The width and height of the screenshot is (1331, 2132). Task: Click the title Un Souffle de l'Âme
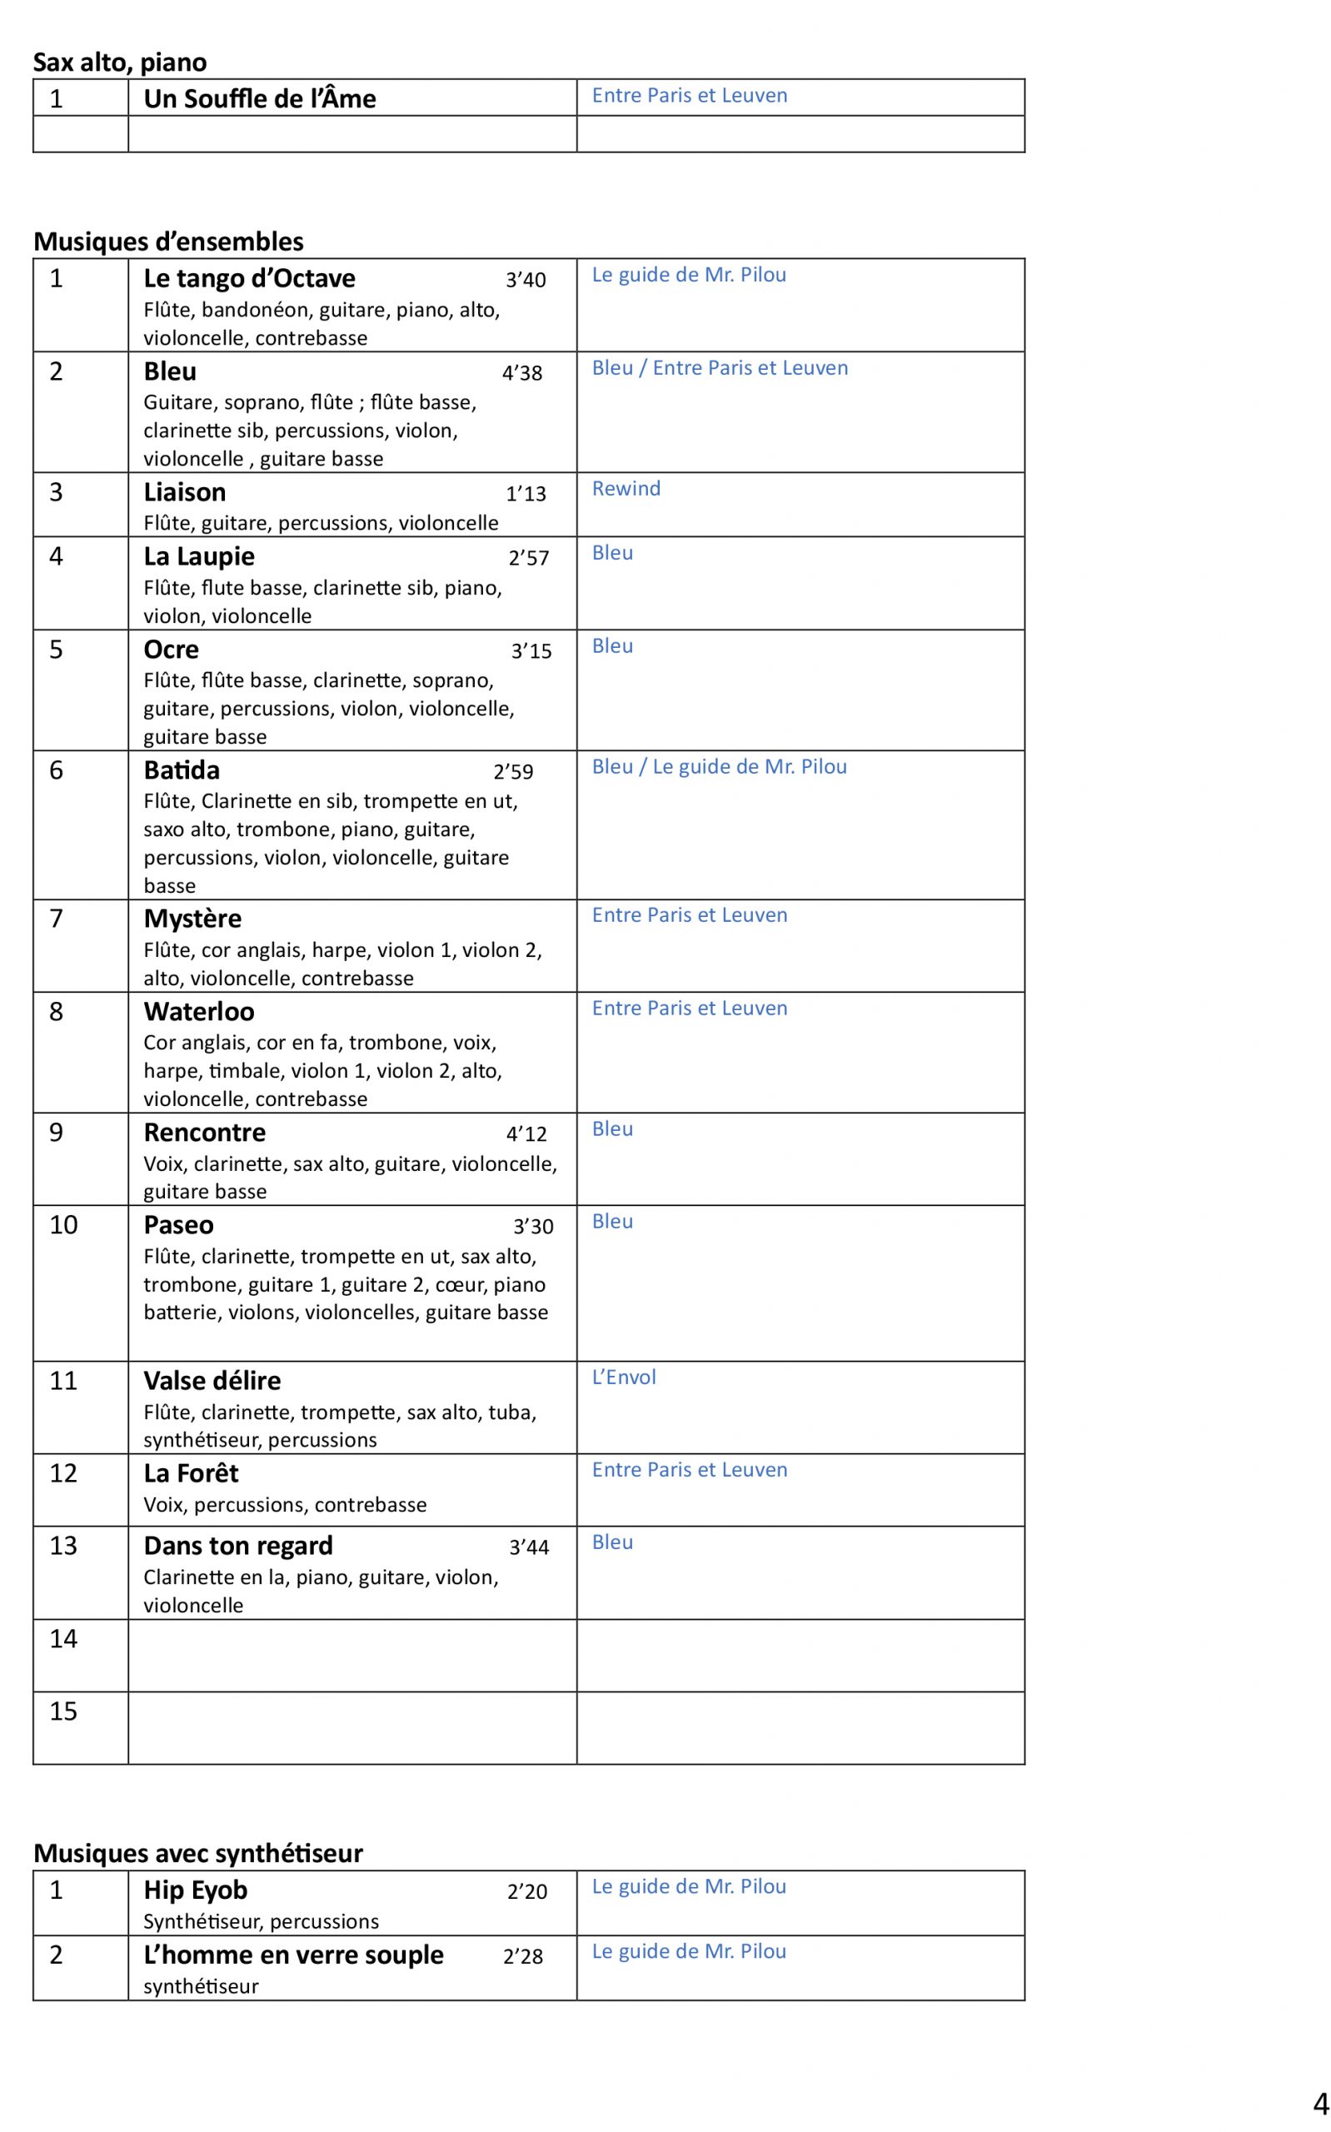pos(260,98)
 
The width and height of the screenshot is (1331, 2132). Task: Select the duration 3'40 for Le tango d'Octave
pos(526,280)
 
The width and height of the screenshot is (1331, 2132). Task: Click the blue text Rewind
pos(626,488)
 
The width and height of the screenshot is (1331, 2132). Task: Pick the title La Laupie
pos(199,556)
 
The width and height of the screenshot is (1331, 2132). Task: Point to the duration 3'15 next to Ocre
pos(531,651)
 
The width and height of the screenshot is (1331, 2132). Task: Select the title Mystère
pos(192,919)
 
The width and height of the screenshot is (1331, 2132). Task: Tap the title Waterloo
pos(199,1012)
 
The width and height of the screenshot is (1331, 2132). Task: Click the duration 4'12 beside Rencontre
pos(526,1134)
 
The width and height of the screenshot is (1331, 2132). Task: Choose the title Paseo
pos(179,1225)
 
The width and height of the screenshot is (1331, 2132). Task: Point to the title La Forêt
pos(191,1473)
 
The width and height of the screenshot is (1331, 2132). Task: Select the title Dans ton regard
pos(237,1546)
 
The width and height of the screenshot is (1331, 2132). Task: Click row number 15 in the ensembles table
pos(63,1711)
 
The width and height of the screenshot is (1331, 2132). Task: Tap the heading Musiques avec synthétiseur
pos(198,1853)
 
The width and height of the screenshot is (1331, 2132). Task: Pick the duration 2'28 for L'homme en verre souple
pos(523,1957)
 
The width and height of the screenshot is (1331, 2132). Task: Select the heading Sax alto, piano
pos(120,62)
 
